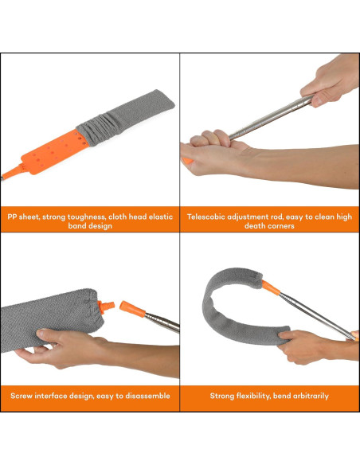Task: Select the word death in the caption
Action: (x=253, y=226)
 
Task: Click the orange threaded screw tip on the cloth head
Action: (x=106, y=307)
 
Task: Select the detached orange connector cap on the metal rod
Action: (x=132, y=309)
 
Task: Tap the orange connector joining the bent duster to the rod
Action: (x=271, y=287)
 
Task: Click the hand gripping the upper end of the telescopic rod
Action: (x=331, y=80)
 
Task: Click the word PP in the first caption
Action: (x=12, y=217)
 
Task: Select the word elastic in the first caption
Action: (x=160, y=217)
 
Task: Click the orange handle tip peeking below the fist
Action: (x=187, y=161)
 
